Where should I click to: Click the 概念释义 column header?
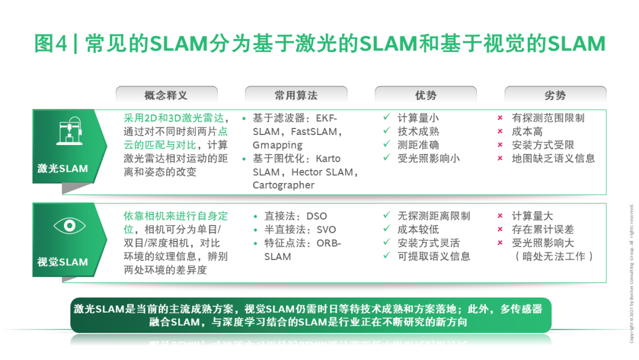(166, 95)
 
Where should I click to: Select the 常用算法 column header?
(296, 95)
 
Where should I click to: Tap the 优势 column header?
(425, 95)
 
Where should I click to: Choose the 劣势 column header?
(555, 95)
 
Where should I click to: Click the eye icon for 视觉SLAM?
(70, 226)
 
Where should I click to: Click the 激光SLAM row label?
(63, 168)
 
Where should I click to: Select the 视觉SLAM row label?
(63, 262)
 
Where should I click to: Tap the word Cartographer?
(283, 185)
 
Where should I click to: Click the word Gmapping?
(277, 145)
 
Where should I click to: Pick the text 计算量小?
(418, 118)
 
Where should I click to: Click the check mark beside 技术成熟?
(386, 131)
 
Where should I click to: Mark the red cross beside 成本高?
(501, 131)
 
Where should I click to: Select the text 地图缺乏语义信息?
(553, 158)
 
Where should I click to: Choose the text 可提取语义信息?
(434, 256)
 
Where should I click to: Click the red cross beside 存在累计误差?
(501, 230)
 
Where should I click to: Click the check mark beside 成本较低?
(386, 229)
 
